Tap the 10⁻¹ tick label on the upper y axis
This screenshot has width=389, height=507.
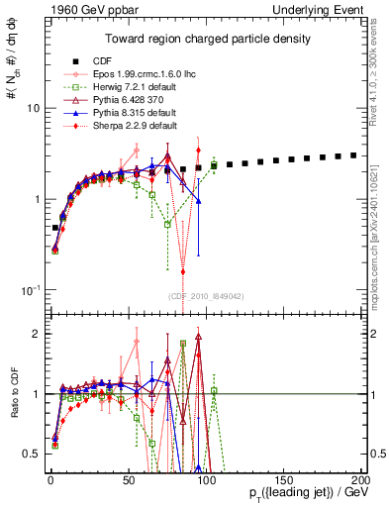(29, 289)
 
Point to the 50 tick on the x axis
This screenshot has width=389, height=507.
(127, 478)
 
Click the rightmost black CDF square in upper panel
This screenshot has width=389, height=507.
(353, 155)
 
